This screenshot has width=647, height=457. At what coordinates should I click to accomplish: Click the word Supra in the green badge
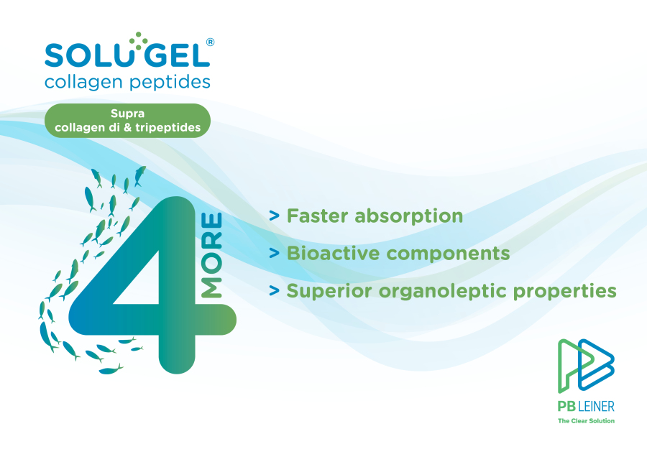tap(127, 114)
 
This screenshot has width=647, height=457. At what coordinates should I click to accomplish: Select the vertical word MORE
tap(212, 254)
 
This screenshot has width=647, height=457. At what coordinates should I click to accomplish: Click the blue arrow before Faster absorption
tap(274, 216)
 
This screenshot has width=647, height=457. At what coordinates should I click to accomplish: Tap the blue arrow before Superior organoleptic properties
tap(274, 290)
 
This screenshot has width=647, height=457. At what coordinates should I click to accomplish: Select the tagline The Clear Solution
tap(586, 420)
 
